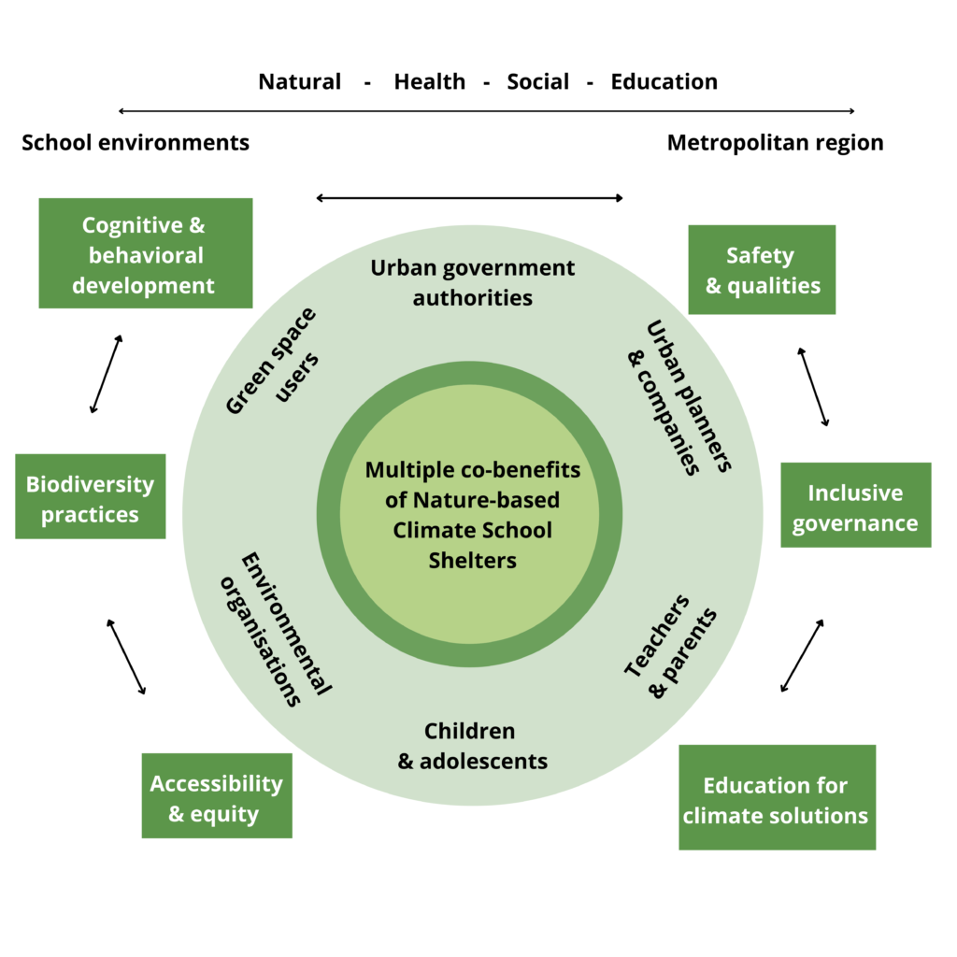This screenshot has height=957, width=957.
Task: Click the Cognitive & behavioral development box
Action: (x=145, y=253)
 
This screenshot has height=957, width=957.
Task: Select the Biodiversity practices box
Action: (x=90, y=496)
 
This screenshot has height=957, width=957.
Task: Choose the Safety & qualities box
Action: (x=761, y=269)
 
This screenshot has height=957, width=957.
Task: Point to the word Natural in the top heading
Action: (x=299, y=81)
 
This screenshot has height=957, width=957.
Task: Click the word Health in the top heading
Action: (x=429, y=81)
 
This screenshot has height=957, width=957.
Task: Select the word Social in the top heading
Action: (x=537, y=81)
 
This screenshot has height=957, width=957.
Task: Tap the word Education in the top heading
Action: (x=664, y=81)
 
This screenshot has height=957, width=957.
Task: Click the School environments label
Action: (x=136, y=142)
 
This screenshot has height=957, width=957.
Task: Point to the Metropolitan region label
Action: (x=775, y=142)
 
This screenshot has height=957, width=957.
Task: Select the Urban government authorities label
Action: (x=472, y=282)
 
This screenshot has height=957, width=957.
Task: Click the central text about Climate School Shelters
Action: (x=472, y=514)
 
